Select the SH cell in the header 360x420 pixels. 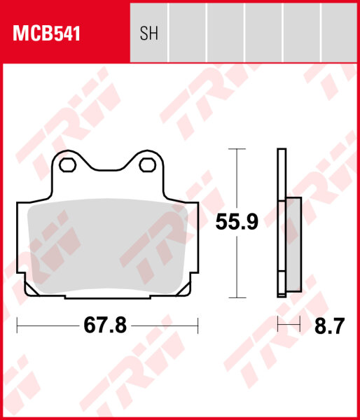pyautogui.click(x=149, y=33)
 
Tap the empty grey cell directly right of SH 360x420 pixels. pyautogui.click(x=188, y=33)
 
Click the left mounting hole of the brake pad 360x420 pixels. pyautogui.click(x=69, y=165)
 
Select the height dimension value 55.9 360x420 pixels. pyautogui.click(x=237, y=223)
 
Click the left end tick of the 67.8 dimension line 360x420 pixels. pyautogui.click(x=17, y=325)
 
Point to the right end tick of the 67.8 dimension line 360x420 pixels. pyautogui.click(x=199, y=325)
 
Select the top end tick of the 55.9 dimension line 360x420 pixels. pyautogui.click(x=238, y=150)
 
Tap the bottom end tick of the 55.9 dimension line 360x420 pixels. pyautogui.click(x=238, y=297)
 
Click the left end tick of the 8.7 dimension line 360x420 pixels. pyautogui.click(x=278, y=325)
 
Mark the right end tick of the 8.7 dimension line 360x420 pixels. pyautogui.click(x=300, y=325)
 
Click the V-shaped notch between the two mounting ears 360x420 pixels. pyautogui.click(x=108, y=169)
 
